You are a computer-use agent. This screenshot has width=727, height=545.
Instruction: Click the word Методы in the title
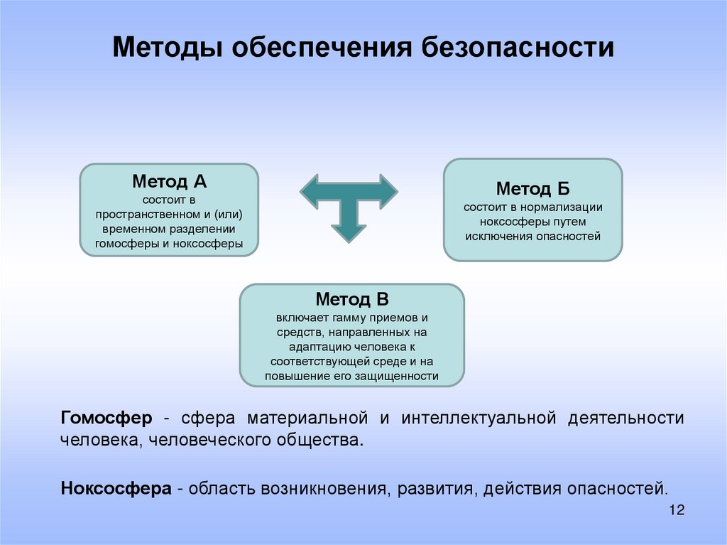[165, 48]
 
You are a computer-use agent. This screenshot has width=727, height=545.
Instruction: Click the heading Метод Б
[532, 189]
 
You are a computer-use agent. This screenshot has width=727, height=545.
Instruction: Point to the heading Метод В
[351, 299]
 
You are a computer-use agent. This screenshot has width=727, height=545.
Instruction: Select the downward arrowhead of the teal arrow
[349, 230]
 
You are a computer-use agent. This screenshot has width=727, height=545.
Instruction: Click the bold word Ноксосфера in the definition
[116, 489]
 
